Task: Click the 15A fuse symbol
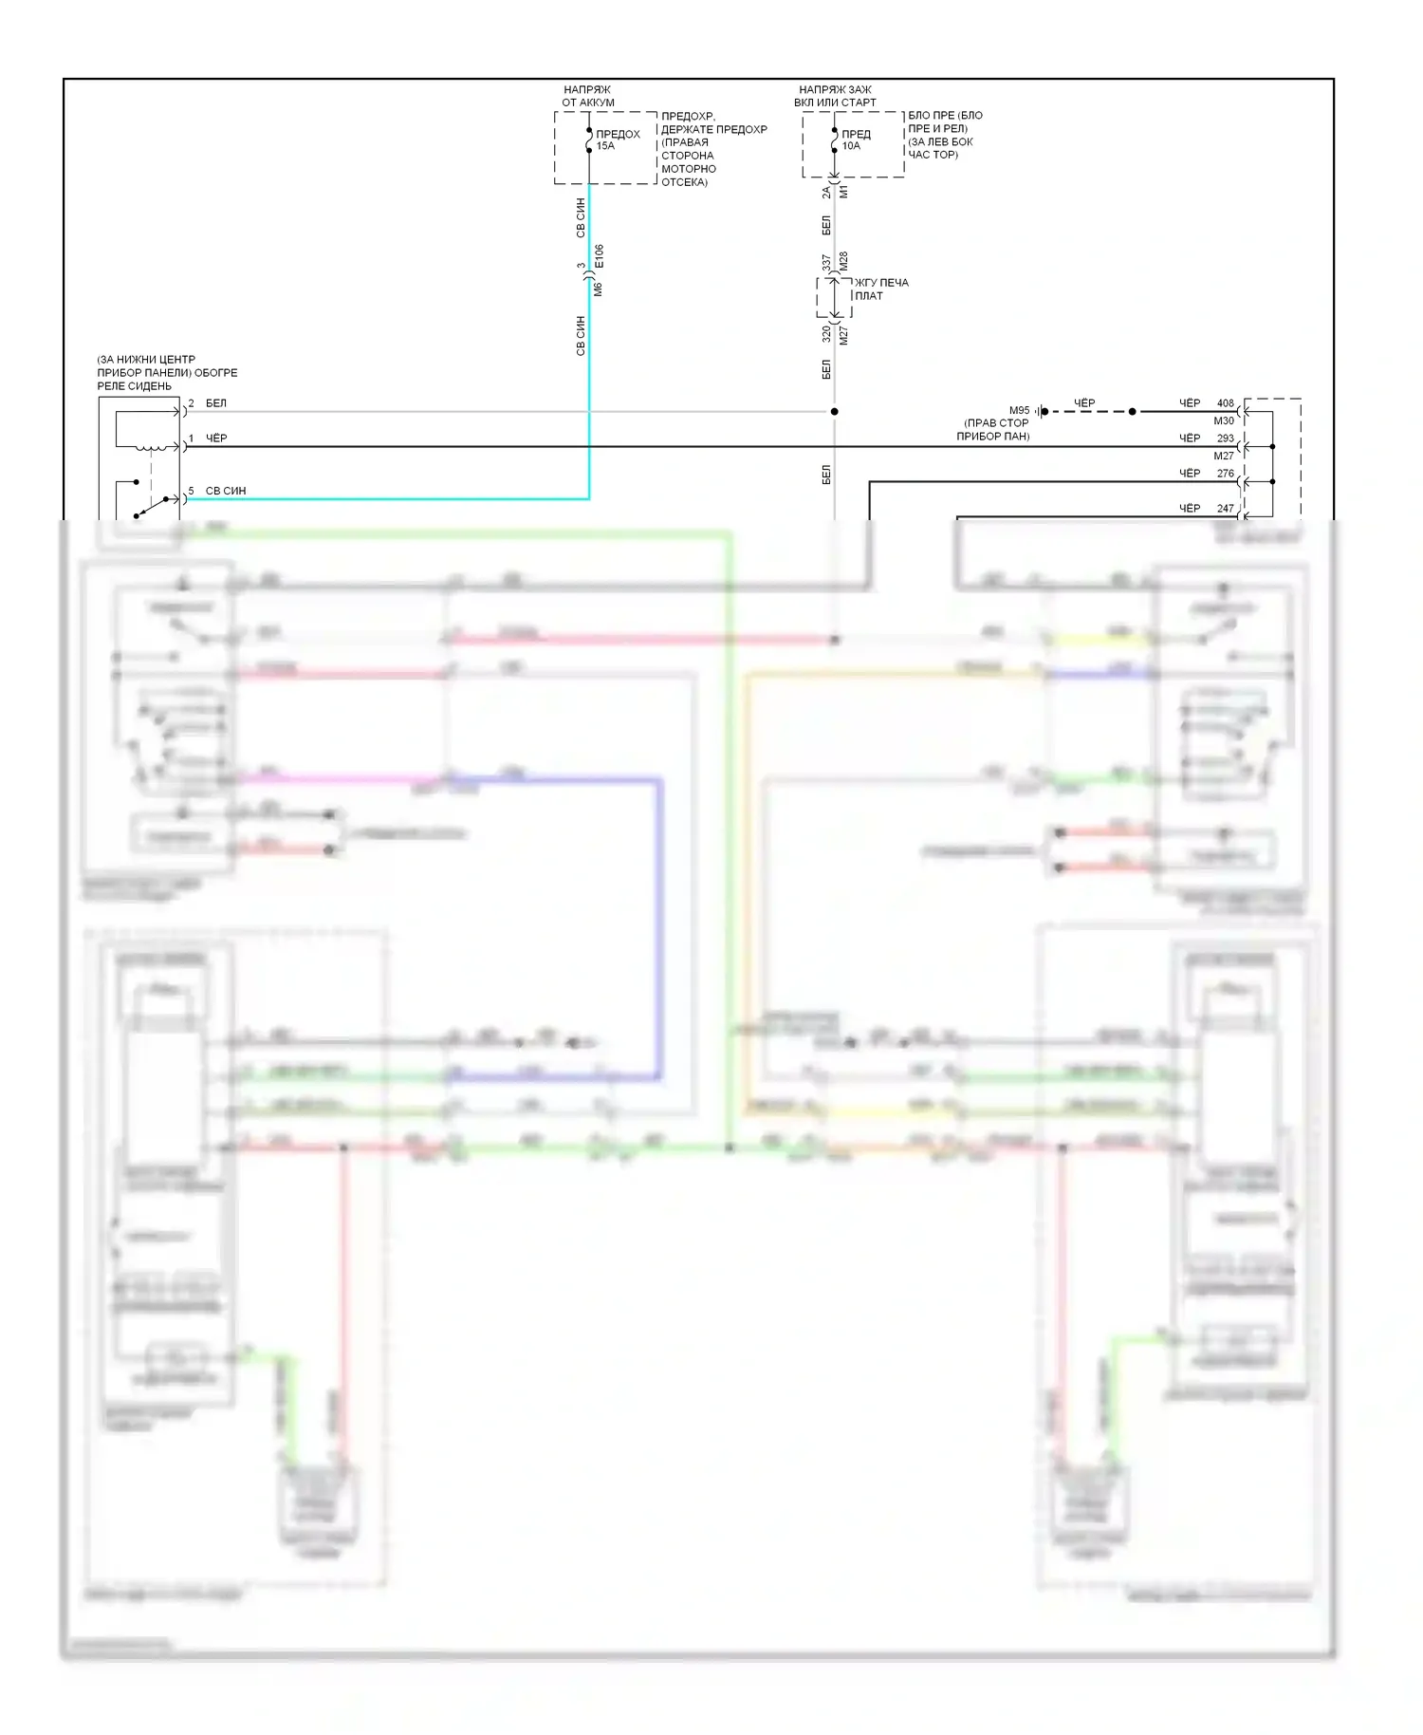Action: (x=589, y=140)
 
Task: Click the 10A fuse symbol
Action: (x=834, y=140)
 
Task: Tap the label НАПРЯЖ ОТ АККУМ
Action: (x=587, y=96)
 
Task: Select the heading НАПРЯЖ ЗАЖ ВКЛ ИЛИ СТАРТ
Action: (x=835, y=96)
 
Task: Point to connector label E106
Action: (x=600, y=256)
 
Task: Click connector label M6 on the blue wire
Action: (x=599, y=289)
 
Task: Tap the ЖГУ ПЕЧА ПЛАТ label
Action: (x=880, y=289)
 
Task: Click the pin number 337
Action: (x=826, y=262)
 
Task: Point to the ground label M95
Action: (x=1019, y=411)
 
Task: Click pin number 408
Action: (x=1226, y=403)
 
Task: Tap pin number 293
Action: (x=1226, y=438)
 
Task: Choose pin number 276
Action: (x=1226, y=474)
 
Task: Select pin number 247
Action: (x=1226, y=509)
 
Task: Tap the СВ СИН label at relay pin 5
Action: (x=226, y=491)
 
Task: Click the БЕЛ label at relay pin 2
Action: (x=216, y=403)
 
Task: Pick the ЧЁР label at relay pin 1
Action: (x=216, y=438)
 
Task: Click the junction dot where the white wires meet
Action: (x=835, y=412)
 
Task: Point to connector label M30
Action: (x=1224, y=421)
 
